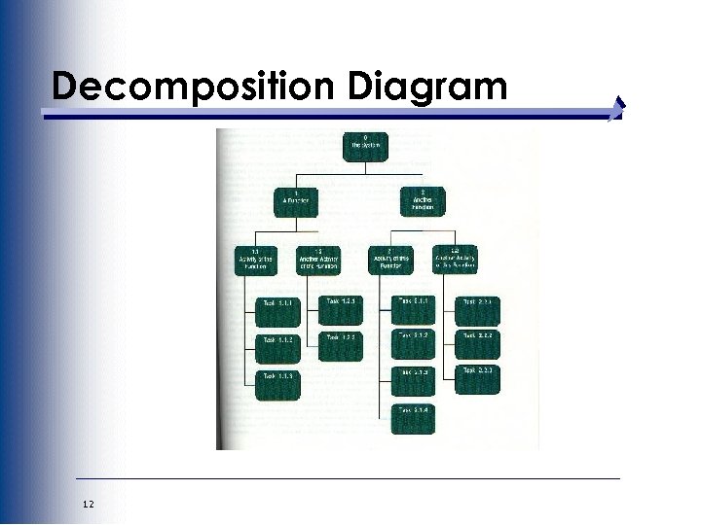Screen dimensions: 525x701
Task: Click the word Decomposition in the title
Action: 195,86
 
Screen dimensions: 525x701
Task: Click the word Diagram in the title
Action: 425,86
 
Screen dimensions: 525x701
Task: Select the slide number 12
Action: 89,502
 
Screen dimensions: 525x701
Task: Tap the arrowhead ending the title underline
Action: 619,109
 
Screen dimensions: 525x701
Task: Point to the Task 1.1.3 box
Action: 278,382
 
